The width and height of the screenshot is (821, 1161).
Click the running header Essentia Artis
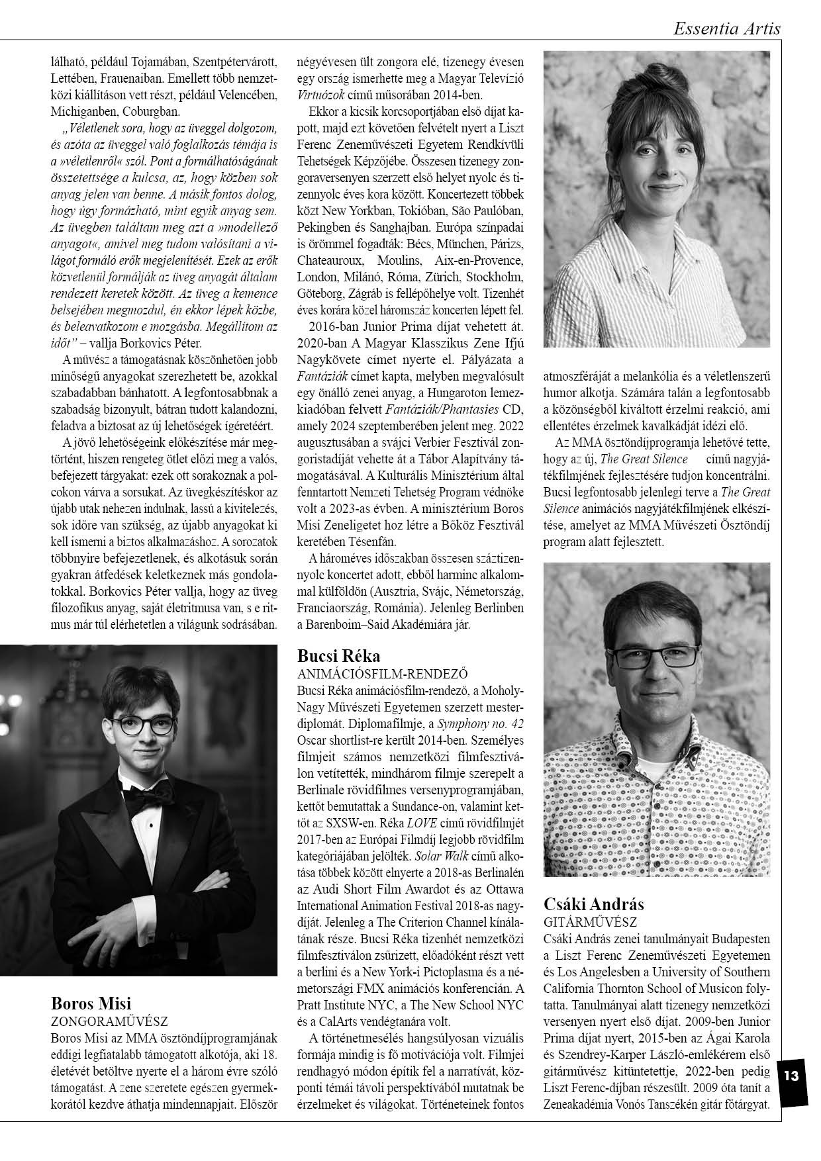[726, 28]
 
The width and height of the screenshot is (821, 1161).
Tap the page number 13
[791, 1075]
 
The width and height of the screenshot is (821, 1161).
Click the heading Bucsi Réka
[339, 656]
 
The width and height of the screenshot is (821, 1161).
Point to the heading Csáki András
[593, 904]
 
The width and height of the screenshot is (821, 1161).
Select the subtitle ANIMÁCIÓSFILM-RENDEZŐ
[383, 674]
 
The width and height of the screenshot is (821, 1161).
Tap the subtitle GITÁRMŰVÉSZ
[590, 921]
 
